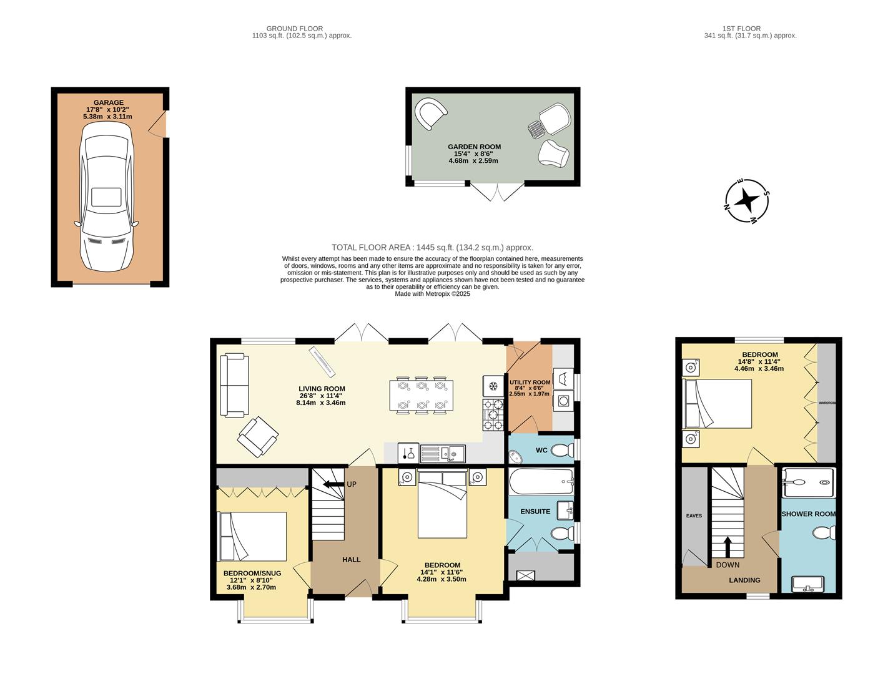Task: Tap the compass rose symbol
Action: [746, 201]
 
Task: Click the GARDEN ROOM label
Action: [474, 147]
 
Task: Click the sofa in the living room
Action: [234, 385]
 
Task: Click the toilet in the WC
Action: [563, 449]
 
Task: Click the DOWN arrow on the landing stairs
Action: [727, 546]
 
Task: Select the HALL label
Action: [351, 560]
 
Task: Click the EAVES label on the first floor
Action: [694, 515]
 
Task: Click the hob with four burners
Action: [493, 415]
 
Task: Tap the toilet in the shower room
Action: [825, 533]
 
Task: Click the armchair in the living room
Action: [257, 436]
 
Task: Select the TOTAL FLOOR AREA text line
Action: [432, 248]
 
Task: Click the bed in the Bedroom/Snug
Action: [252, 536]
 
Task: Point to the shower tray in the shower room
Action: [808, 482]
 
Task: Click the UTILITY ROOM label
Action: [530, 383]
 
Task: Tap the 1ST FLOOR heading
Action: [741, 29]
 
